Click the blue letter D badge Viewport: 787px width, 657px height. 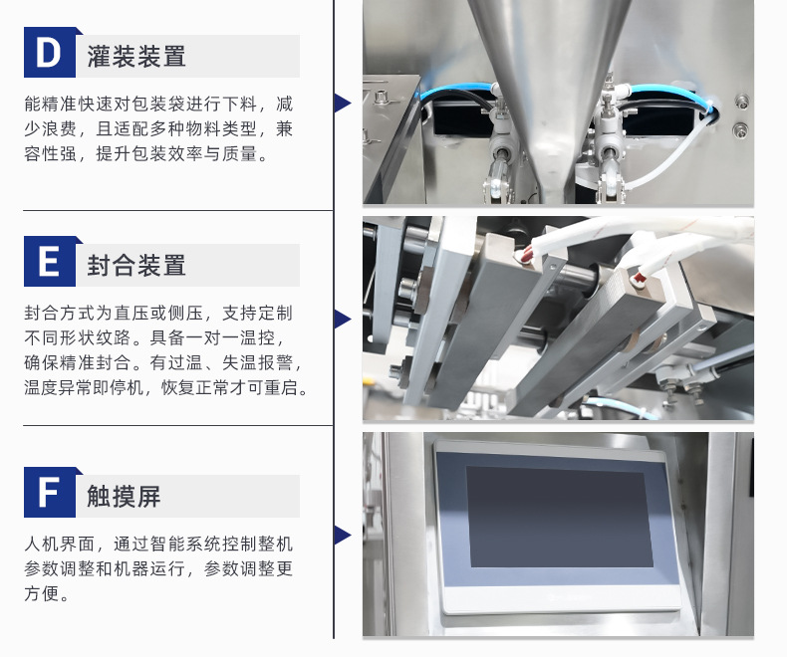50,52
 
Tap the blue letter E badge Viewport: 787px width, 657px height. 50,261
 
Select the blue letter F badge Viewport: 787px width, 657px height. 50,492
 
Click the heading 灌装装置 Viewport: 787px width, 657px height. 136,56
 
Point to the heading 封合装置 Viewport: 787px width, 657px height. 136,266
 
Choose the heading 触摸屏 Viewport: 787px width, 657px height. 124,497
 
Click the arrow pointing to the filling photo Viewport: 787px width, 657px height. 343,103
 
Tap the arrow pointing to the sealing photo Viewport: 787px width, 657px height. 343,319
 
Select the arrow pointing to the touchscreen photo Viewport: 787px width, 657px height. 343,536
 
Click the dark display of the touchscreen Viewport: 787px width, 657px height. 559,517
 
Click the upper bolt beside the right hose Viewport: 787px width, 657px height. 741,102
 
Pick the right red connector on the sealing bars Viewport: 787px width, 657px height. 639,278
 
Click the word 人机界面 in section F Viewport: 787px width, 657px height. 59,544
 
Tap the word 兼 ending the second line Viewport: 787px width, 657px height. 284,128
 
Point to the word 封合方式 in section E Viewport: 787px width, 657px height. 59,313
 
